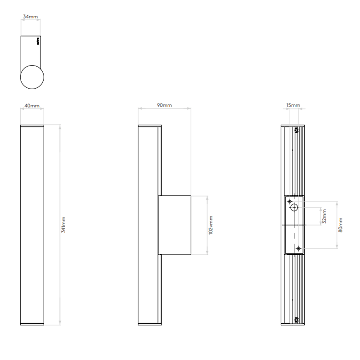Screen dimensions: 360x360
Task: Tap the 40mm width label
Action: click(x=31, y=106)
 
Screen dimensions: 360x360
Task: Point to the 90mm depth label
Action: click(x=164, y=106)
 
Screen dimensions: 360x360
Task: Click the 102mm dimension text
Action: click(x=211, y=225)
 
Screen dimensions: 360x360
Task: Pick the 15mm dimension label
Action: click(x=293, y=106)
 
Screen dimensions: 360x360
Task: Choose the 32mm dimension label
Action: click(x=325, y=216)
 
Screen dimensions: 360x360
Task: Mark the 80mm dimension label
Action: click(x=341, y=225)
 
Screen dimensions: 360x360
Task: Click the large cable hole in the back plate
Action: click(x=294, y=207)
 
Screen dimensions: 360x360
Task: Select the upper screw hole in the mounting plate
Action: click(x=289, y=201)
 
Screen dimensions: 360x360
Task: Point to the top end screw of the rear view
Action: click(x=297, y=130)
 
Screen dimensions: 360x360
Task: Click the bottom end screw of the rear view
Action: click(x=297, y=319)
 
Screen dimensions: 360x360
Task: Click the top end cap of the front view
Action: click(x=32, y=126)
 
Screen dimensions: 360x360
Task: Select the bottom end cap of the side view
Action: click(x=149, y=324)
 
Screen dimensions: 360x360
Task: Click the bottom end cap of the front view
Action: click(x=32, y=324)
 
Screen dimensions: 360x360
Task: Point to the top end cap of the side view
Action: click(x=149, y=126)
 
